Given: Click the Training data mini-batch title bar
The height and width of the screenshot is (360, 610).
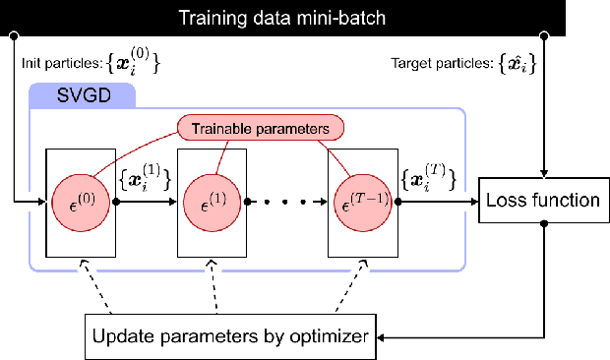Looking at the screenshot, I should tap(304, 17).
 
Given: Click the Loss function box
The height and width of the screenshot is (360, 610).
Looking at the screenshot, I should tap(543, 201).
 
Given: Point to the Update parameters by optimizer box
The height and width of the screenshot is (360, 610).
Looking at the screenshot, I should tap(229, 337).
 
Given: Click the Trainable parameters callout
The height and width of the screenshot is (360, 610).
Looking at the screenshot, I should tap(261, 128).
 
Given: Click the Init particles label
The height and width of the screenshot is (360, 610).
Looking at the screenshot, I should tap(59, 64).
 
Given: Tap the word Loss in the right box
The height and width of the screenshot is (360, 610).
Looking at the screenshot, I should tap(508, 201).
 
